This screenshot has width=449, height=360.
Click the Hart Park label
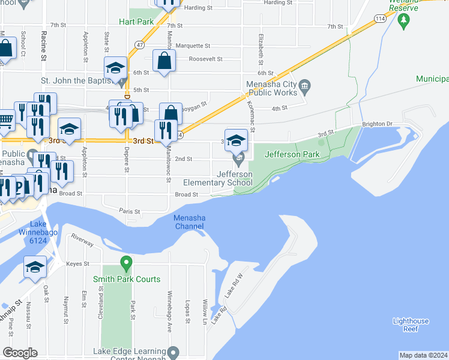tap(136, 22)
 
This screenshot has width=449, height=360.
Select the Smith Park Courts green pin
tap(126, 263)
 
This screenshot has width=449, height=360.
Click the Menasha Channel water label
tap(188, 222)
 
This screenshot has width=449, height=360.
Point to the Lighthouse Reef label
tap(411, 325)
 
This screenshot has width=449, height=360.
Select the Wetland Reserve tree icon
tap(403, 22)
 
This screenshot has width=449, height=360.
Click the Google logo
tap(20, 353)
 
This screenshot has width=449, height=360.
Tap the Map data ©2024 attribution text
tap(423, 355)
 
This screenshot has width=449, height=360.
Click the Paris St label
tap(129, 212)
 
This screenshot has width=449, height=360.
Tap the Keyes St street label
tap(77, 263)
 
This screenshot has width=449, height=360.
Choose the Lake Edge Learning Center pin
tap(173, 352)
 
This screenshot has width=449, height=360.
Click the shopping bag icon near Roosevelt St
tap(164, 61)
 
